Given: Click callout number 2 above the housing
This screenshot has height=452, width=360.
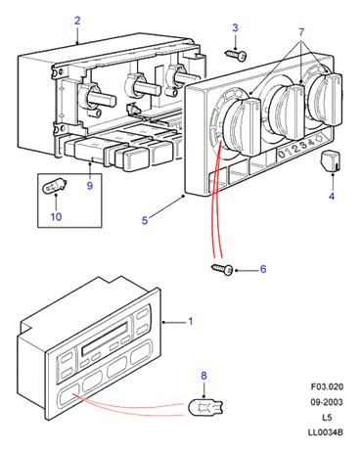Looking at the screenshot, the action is [x=77, y=21].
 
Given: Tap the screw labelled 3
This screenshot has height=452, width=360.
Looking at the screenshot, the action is [x=236, y=55].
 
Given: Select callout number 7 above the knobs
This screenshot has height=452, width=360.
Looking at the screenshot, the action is [x=301, y=32].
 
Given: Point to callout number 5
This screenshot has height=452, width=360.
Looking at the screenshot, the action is [x=145, y=220].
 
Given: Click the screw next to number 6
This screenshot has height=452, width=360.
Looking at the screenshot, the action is [x=223, y=269].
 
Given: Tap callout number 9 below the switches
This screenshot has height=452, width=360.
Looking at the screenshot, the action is [x=90, y=186].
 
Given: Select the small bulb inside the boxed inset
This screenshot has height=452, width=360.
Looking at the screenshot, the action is [x=55, y=187].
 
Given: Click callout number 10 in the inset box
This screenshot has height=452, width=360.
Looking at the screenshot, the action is [x=56, y=216].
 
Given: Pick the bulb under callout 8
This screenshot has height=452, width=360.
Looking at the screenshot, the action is [x=205, y=407].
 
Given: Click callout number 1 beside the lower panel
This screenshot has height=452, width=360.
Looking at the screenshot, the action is [x=191, y=321].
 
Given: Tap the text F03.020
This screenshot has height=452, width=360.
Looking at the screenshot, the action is [x=327, y=387].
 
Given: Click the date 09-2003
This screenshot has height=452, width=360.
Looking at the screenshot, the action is [x=327, y=402].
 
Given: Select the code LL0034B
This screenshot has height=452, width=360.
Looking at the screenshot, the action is [x=326, y=432].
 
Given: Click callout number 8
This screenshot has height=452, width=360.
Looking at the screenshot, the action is [x=203, y=376].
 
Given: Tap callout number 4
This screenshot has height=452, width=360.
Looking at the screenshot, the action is [x=332, y=197].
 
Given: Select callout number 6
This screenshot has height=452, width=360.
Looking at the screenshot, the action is [x=263, y=269].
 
